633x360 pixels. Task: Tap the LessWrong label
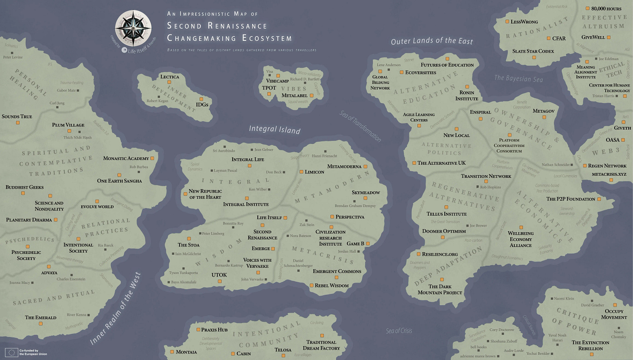click(524, 22)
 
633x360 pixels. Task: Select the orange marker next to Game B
click(368, 243)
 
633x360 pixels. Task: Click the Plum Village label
click(68, 125)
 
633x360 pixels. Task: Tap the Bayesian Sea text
click(518, 79)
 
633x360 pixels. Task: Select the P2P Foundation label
click(570, 199)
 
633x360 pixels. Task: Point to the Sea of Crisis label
click(399, 331)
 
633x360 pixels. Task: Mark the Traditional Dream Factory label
click(321, 345)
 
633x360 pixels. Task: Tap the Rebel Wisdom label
click(332, 285)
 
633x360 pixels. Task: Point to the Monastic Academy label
click(126, 159)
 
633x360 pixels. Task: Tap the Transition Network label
click(486, 177)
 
